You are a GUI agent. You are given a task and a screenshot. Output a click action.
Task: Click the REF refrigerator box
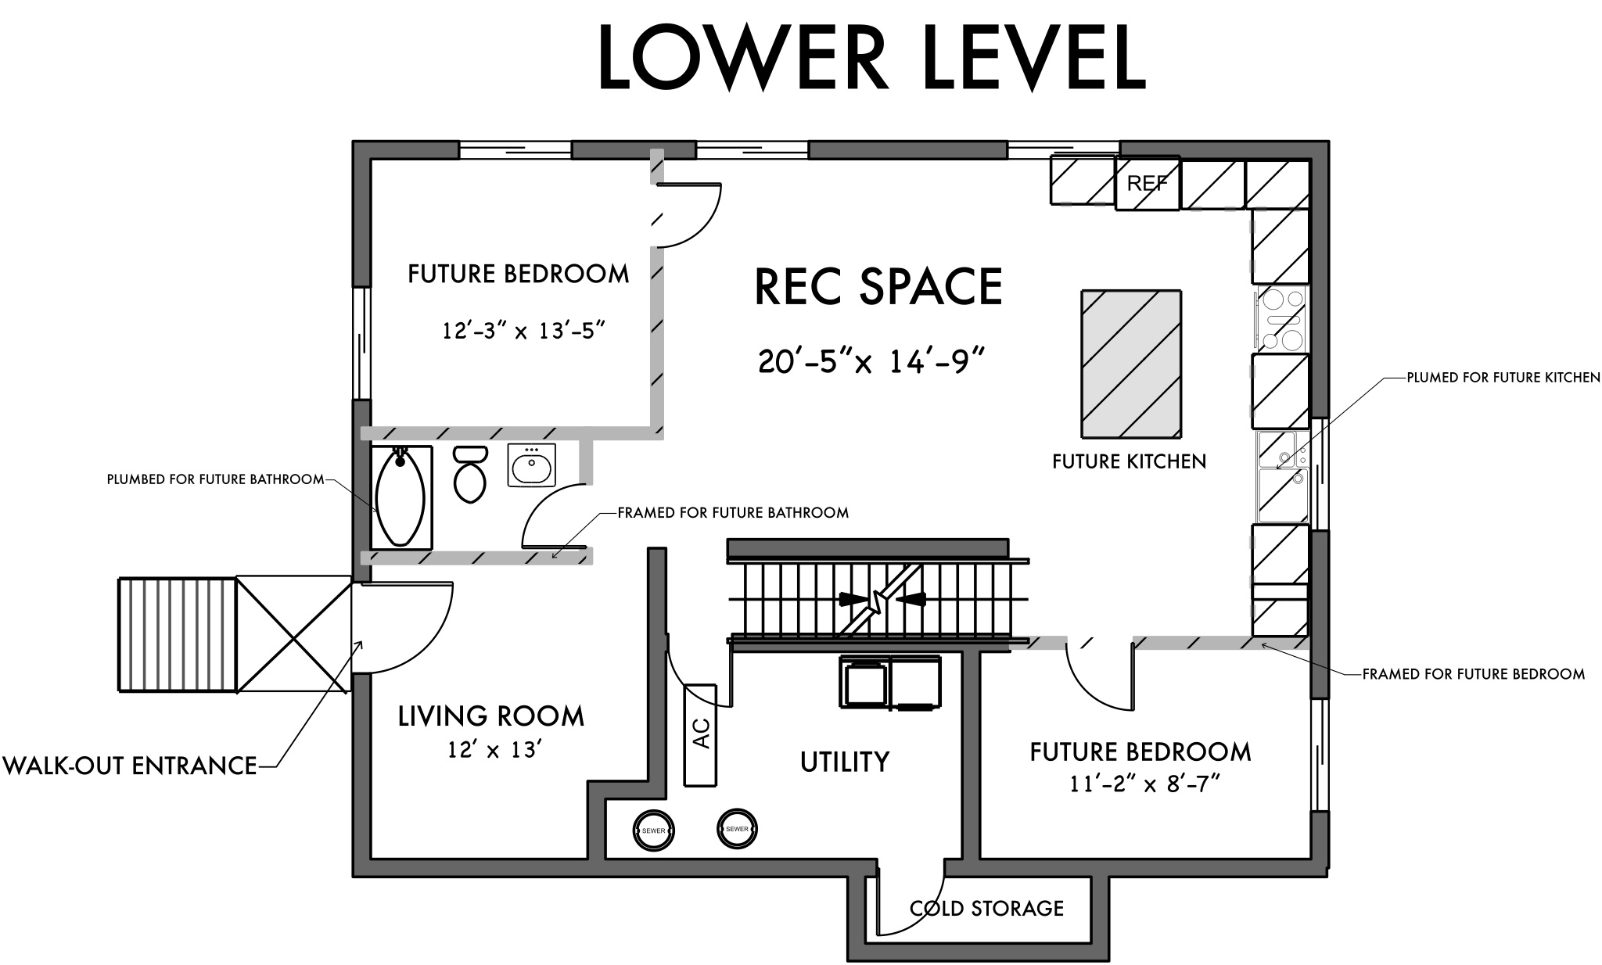(1147, 184)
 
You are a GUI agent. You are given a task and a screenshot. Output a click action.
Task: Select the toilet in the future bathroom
(469, 474)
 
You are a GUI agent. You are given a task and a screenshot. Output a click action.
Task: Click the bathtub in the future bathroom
(400, 497)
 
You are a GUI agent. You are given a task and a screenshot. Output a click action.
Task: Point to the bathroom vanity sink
(531, 466)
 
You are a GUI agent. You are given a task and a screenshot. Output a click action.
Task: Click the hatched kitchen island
(1131, 364)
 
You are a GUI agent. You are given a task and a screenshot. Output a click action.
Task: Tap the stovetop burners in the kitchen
(1281, 319)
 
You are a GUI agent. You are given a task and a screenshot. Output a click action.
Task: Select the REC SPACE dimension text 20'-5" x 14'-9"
(871, 362)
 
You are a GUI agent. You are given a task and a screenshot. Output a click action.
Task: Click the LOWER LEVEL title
(871, 59)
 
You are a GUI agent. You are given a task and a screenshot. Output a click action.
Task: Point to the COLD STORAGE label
(986, 908)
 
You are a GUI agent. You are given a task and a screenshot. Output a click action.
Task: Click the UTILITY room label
(844, 761)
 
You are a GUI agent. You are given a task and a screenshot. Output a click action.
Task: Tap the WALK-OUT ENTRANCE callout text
(130, 765)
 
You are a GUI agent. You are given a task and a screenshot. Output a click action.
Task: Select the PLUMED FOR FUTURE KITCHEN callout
(1503, 378)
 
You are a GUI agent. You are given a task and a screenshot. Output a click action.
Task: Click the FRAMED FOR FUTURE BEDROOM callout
(1473, 673)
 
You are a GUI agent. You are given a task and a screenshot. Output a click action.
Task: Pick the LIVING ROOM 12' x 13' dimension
(494, 750)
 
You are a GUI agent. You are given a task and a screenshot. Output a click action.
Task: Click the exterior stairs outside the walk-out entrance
(177, 634)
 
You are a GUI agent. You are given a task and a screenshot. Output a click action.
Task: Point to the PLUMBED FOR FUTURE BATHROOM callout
(215, 479)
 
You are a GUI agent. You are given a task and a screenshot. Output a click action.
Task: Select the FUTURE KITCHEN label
(1129, 461)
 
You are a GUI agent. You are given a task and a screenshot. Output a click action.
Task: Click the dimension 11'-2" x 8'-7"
(1145, 784)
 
